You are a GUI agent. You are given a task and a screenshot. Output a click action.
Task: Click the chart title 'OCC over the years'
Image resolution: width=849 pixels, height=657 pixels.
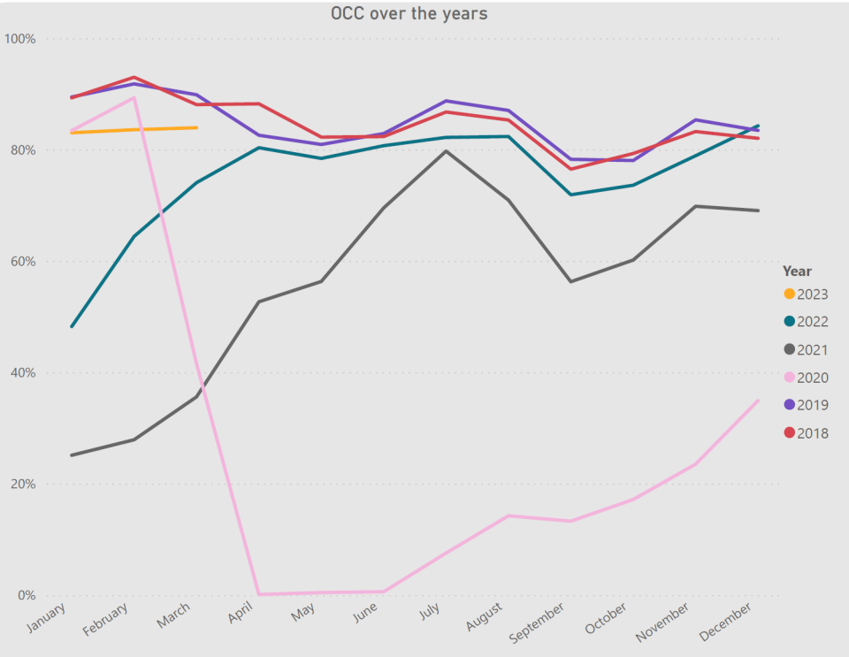pos(409,13)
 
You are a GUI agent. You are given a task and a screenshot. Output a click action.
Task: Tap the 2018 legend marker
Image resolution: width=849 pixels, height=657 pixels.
pos(789,433)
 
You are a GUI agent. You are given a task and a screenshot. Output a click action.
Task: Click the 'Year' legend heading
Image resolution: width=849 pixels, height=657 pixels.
pos(797,271)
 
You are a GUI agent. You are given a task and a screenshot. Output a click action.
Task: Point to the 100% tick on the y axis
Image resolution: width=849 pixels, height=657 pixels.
pos(19,39)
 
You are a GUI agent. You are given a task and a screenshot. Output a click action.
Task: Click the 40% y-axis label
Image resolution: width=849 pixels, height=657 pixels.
pos(21,373)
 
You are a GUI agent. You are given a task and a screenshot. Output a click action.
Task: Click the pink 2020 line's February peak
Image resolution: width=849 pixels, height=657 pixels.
pos(134,97)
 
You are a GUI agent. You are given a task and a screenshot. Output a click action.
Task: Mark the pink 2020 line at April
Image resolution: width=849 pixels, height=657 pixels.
pos(258,594)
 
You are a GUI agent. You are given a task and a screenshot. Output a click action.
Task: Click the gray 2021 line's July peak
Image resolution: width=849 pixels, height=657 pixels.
pos(446,150)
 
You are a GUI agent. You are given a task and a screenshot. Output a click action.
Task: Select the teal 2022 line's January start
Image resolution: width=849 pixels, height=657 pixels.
pos(72,326)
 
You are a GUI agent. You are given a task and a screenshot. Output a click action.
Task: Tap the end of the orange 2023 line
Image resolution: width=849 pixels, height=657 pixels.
pos(196,127)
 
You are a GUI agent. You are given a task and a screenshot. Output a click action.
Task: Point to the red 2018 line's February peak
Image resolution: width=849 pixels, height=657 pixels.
pos(134,77)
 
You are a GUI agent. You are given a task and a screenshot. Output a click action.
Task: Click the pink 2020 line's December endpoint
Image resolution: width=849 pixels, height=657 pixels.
pos(758,400)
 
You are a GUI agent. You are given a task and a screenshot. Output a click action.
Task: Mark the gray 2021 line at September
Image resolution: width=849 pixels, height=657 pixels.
pos(570,282)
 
